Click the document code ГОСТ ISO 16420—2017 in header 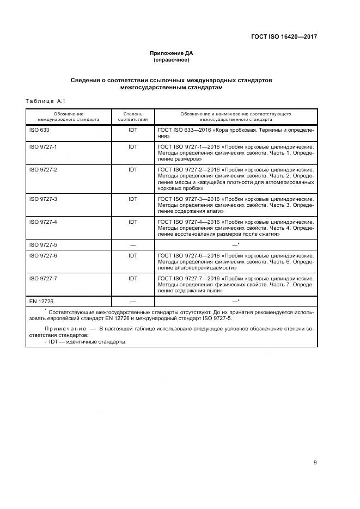point(283,37)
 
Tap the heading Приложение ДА point(171,53)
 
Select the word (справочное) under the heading point(171,60)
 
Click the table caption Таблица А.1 point(45,101)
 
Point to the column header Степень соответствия point(133,117)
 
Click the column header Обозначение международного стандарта point(69,117)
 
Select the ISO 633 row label point(39,131)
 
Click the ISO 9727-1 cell point(42,147)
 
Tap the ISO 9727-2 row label point(42,169)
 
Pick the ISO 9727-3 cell point(42,199)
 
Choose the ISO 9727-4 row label point(42,222)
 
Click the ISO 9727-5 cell point(42,244)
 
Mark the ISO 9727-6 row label point(42,255)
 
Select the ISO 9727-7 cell point(42,278)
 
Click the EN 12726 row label point(41,301)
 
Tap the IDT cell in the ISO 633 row point(133,131)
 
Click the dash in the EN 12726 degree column point(133,301)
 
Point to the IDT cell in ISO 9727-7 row point(133,278)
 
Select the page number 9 point(315,462)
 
